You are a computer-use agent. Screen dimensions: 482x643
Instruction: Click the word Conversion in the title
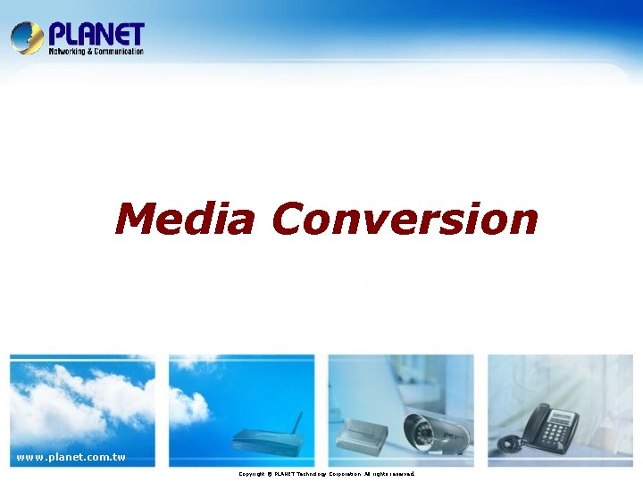tap(405, 219)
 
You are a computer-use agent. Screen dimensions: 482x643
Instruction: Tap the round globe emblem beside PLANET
tap(27, 38)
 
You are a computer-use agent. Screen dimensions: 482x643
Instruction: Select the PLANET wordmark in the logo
tap(96, 35)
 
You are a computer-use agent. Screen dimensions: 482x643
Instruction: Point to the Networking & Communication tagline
tap(96, 52)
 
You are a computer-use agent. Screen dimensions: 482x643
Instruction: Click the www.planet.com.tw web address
tap(71, 458)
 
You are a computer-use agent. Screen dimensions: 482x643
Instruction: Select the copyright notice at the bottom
tap(326, 474)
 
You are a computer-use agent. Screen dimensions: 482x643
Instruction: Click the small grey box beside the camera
tap(362, 434)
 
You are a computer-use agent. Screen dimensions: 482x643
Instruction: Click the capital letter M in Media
tap(135, 219)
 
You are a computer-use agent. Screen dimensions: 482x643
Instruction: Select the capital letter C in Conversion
tap(291, 219)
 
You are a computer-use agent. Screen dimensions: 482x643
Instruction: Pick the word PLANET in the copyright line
tap(289, 474)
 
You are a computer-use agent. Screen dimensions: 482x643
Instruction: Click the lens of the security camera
tap(421, 435)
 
